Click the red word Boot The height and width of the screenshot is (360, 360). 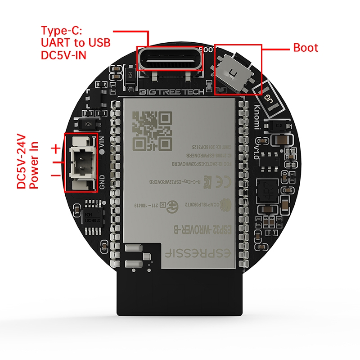tap(306, 48)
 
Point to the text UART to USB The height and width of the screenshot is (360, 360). tap(75, 43)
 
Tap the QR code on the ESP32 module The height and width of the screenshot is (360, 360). tap(153, 131)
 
